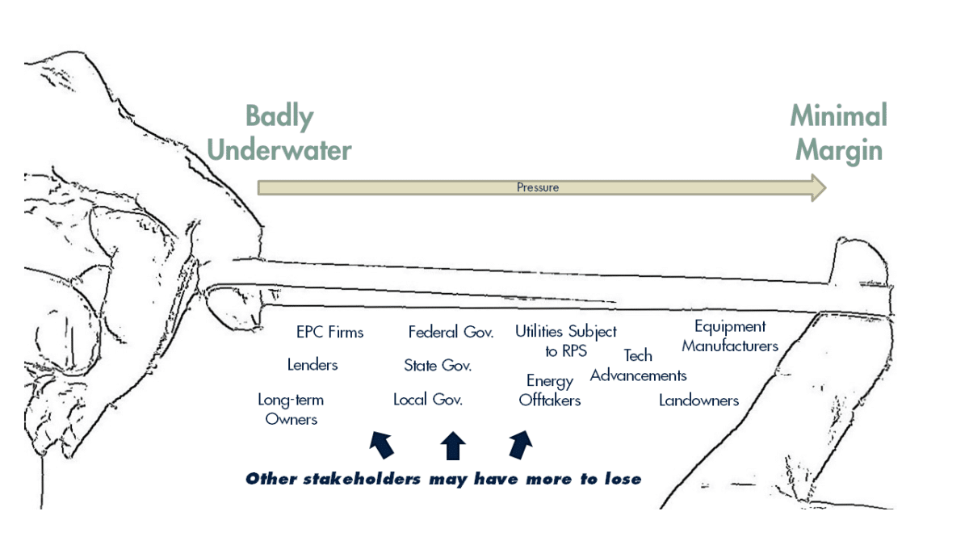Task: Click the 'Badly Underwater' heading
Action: [298, 133]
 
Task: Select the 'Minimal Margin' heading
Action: [837, 133]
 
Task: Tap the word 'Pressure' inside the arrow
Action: [538, 187]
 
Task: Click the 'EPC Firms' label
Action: [329, 332]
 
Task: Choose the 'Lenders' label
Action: [313, 365]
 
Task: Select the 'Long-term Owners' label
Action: [291, 409]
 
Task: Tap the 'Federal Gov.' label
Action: [451, 332]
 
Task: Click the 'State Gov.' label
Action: [438, 366]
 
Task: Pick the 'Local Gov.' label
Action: [428, 400]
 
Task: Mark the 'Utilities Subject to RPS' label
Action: [565, 341]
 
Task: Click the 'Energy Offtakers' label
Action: [550, 390]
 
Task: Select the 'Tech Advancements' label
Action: [638, 366]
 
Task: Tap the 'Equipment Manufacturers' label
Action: [730, 336]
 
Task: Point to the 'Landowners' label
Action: [698, 400]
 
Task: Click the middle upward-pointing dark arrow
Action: [453, 445]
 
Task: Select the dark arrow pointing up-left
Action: [381, 444]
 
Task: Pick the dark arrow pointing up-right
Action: [522, 444]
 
